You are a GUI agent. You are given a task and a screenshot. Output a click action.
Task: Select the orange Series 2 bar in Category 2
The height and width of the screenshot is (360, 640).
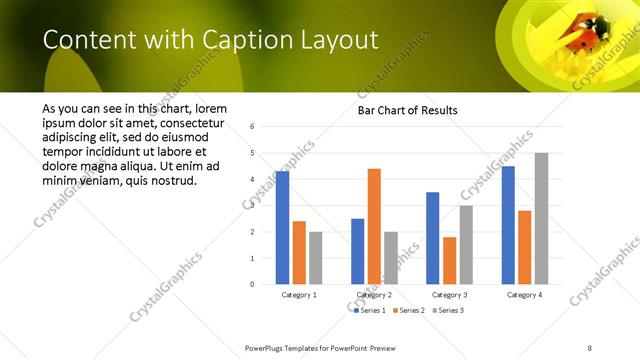374,226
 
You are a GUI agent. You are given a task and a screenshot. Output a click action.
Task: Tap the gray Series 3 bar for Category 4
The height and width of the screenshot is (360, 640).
541,218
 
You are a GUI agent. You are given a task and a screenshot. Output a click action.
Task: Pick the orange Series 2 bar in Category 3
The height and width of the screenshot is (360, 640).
449,260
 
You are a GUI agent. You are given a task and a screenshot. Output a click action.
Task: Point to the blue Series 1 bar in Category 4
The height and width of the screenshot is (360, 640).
508,225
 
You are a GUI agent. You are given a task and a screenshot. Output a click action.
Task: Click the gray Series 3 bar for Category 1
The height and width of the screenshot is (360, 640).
316,258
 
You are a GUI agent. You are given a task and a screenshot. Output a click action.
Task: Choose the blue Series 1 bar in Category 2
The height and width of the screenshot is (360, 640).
358,251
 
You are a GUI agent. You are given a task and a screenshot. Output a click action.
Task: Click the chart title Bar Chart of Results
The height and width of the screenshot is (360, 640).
407,110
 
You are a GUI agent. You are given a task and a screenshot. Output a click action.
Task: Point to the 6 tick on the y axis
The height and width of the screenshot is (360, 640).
252,127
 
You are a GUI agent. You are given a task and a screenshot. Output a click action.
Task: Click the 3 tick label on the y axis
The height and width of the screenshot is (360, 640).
252,206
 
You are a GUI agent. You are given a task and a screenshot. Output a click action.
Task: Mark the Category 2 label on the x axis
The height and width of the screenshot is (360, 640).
374,295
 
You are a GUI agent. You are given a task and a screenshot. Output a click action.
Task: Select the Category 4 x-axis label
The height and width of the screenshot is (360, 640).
524,295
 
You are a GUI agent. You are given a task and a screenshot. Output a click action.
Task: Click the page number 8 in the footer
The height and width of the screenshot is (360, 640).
590,346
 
